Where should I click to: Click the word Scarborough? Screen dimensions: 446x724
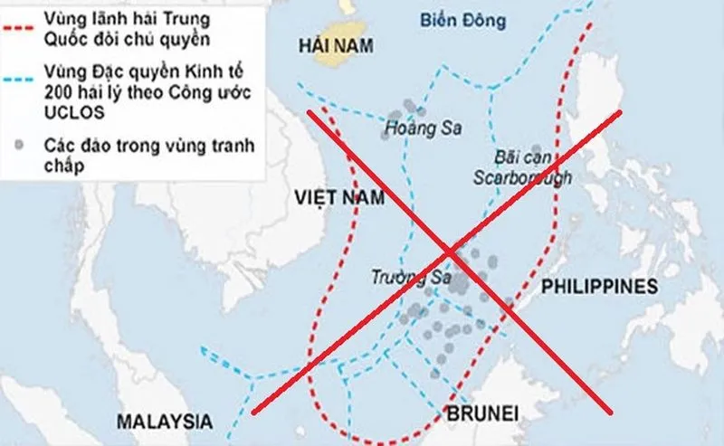pyautogui.click(x=522, y=177)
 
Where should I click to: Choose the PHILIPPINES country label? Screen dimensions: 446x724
pyautogui.click(x=598, y=287)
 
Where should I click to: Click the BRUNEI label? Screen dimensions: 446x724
pyautogui.click(x=482, y=413)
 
